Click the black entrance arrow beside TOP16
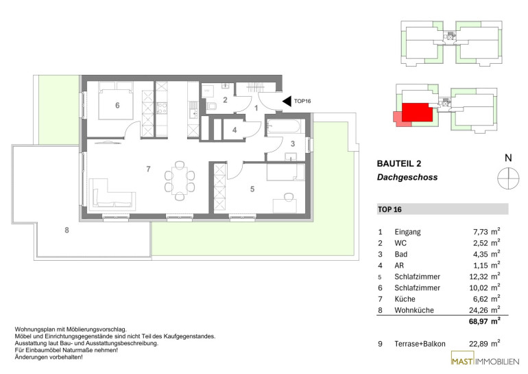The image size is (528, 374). [287, 101]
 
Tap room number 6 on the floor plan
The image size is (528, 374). [117, 106]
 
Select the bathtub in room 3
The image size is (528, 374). [283, 128]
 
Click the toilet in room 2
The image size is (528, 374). [213, 106]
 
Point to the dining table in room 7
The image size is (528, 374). [180, 181]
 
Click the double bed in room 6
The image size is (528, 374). [116, 100]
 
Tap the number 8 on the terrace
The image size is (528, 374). [67, 230]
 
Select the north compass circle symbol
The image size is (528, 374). [508, 178]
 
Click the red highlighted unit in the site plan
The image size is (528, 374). [417, 113]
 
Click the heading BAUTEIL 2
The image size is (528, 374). [399, 164]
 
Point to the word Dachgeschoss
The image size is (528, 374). [407, 177]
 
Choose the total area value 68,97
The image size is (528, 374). [478, 321]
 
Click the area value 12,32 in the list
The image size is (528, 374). [479, 277]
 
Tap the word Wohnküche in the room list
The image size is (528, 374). [414, 310]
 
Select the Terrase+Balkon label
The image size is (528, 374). [420, 344]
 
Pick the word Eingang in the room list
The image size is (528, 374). [408, 232]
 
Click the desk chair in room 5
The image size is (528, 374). [288, 196]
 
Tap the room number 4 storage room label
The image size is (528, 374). [235, 130]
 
